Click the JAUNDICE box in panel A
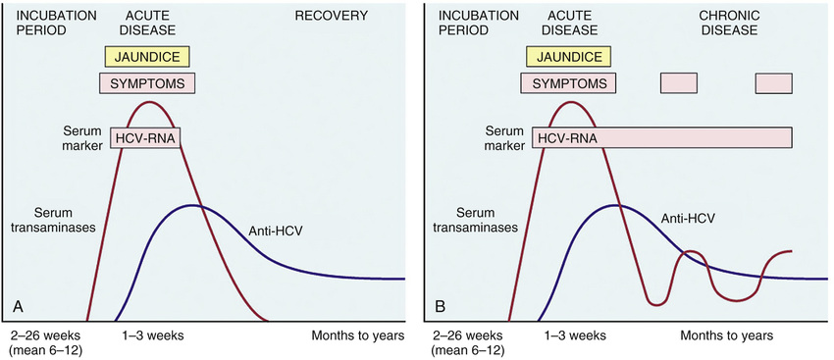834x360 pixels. tap(147, 56)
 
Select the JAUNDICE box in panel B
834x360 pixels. tap(568, 56)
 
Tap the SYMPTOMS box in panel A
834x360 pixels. tap(147, 83)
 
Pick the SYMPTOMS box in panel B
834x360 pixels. tap(568, 83)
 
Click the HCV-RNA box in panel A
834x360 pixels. tap(145, 138)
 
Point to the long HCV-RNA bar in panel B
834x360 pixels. tap(662, 138)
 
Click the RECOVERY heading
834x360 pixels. tap(332, 16)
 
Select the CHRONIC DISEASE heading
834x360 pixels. tap(729, 23)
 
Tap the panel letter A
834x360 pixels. tap(18, 307)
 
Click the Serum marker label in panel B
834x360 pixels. tap(500, 137)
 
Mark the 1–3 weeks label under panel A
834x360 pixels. tap(151, 336)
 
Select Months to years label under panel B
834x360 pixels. tap(726, 336)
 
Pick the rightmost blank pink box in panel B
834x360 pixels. tap(774, 83)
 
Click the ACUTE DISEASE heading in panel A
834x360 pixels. tap(147, 23)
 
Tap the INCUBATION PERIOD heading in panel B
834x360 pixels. tap(464, 23)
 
